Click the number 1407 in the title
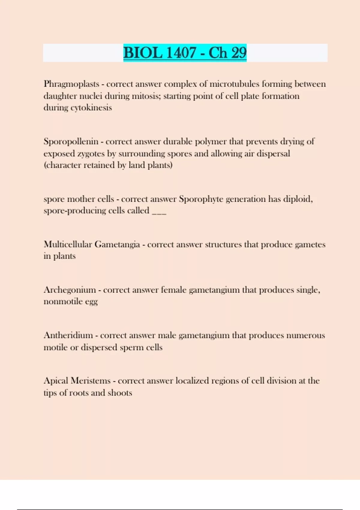click(181, 53)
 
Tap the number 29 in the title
click(239, 53)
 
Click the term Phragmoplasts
click(71, 84)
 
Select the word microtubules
click(234, 84)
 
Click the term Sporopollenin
click(71, 142)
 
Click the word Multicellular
click(68, 244)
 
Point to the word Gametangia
click(117, 245)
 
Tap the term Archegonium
click(70, 290)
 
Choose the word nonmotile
click(63, 301)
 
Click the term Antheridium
click(68, 335)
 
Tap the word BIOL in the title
click(142, 53)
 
